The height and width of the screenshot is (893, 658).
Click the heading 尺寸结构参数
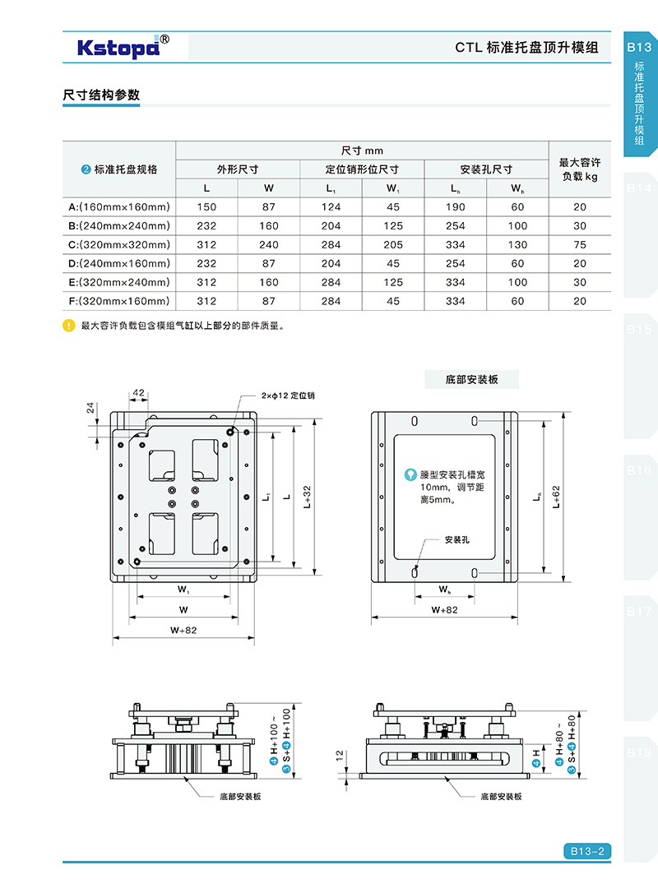tap(101, 95)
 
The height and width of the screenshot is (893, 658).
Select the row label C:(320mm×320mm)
tap(118, 244)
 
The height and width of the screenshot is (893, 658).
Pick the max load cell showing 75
tap(580, 244)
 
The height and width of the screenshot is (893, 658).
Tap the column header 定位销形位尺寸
tap(362, 169)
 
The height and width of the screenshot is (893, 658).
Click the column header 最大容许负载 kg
tap(580, 169)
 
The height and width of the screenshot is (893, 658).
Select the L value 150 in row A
tap(206, 206)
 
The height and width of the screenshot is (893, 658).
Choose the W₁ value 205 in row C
tap(393, 244)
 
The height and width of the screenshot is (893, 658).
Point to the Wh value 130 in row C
tap(517, 244)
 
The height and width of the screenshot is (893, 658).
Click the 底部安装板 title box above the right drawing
tap(472, 379)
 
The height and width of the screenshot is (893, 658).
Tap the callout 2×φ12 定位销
tap(288, 396)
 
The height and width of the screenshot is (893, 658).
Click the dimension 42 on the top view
tap(137, 393)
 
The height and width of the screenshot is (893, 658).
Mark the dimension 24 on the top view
tap(91, 408)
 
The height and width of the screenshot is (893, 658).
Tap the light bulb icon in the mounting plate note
tap(410, 474)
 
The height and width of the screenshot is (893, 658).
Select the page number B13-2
tap(587, 851)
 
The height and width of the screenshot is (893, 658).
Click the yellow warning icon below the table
tap(69, 326)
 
